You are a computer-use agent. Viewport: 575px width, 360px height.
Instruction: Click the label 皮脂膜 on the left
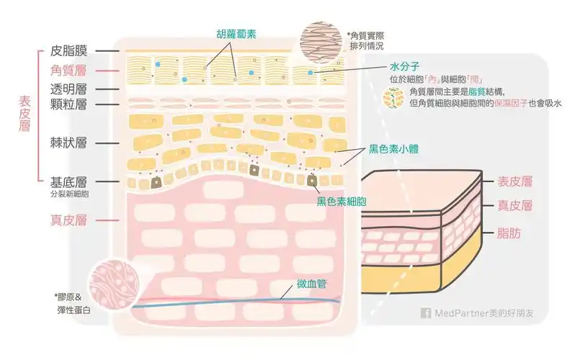(x=69, y=51)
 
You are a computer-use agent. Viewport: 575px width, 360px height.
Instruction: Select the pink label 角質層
(x=69, y=71)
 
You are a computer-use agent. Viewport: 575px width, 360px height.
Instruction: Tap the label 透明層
(x=69, y=89)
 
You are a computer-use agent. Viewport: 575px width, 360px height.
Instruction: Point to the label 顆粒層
(x=69, y=105)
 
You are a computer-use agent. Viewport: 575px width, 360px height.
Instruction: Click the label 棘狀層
(x=69, y=143)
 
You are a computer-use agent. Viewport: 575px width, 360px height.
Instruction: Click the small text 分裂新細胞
(x=69, y=194)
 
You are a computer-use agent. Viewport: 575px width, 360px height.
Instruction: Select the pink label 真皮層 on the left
(x=69, y=220)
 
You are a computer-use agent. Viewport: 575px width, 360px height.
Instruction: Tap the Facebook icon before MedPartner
(x=425, y=313)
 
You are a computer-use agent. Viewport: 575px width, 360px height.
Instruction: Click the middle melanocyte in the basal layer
(x=254, y=171)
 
